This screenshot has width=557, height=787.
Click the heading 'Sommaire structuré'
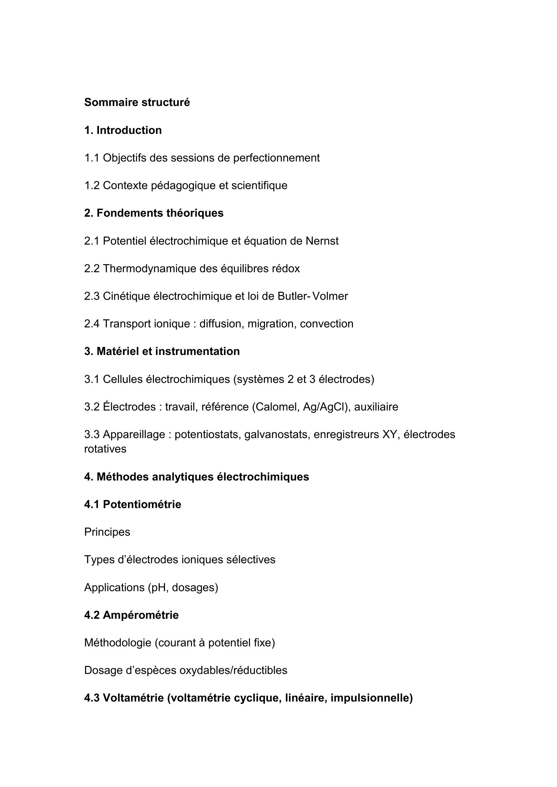137,102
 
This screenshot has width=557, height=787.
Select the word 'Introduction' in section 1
129,130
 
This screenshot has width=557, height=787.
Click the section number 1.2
92,185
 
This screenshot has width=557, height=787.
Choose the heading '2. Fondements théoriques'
154,213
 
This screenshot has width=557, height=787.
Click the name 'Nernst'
322,241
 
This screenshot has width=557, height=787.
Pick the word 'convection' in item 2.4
327,324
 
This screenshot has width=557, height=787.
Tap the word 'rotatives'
105,449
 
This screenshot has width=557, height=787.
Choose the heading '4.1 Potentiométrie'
132,504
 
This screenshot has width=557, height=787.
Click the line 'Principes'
107,532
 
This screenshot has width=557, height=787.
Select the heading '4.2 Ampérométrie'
131,615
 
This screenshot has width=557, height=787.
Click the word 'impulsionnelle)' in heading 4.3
371,698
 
